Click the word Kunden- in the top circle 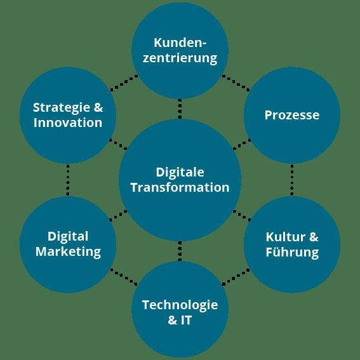(180, 43)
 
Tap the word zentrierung (180, 58)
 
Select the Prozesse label (292, 115)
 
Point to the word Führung (292, 253)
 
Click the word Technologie (180, 305)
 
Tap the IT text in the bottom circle (186, 320)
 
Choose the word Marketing (68, 252)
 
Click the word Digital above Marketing (68, 237)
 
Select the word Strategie (62, 108)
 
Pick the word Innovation (68, 123)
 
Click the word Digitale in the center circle (180, 173)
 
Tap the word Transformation (180, 187)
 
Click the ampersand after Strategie (98, 107)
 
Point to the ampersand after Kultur (314, 237)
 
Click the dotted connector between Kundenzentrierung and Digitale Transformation (180, 109)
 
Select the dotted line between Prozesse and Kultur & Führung (292, 180)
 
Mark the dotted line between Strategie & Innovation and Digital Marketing (68, 180)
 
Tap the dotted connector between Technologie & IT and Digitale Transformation (180, 251)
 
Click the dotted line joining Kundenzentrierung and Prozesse (236, 83)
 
